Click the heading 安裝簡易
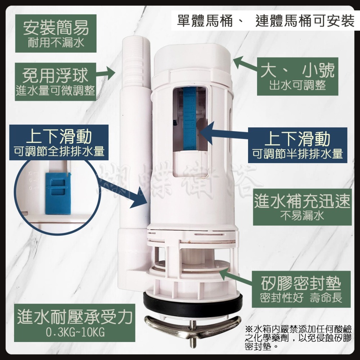pyautogui.click(x=56, y=27)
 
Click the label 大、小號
pyautogui.click(x=298, y=70)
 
